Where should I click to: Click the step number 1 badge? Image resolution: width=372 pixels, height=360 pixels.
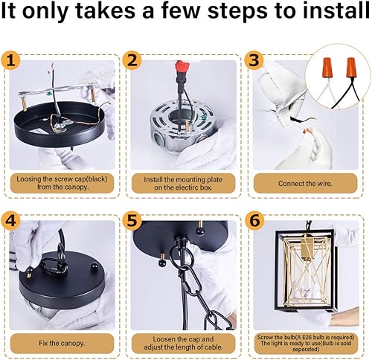click(x=10, y=60)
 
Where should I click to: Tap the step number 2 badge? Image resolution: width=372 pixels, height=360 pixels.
click(x=132, y=60)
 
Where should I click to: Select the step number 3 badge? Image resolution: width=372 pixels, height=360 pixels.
click(x=254, y=60)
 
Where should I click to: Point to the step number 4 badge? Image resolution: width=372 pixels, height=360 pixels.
click(x=10, y=220)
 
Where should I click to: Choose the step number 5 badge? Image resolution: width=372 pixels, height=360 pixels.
click(x=132, y=220)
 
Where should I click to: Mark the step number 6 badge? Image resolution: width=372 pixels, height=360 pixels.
click(x=254, y=220)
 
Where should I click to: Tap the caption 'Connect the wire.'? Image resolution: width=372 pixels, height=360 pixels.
click(x=305, y=184)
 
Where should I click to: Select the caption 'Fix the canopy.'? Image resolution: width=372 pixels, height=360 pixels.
click(x=62, y=344)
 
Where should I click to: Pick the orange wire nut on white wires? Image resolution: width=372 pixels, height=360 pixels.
click(x=327, y=66)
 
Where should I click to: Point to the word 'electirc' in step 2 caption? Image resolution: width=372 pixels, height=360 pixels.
click(x=187, y=187)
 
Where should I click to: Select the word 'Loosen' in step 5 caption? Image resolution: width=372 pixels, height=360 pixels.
click(x=164, y=339)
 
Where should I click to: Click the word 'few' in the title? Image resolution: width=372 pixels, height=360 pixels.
click(x=182, y=11)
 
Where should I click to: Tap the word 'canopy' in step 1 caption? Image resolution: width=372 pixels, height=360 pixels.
click(x=76, y=187)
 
